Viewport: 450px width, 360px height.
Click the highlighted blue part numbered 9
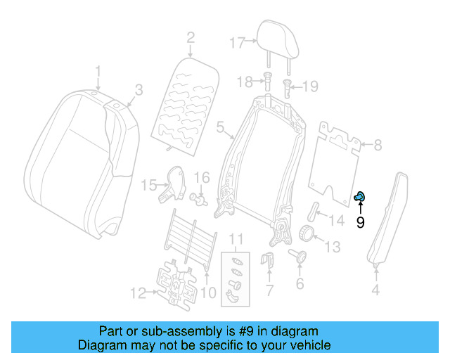tap(359, 198)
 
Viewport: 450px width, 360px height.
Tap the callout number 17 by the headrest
tap(236, 41)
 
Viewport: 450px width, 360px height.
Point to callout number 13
tap(331, 246)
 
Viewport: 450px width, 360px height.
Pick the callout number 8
tap(378, 146)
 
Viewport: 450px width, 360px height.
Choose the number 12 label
tap(138, 290)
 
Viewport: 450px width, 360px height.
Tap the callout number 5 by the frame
tap(220, 128)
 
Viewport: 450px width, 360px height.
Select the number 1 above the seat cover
tap(98, 71)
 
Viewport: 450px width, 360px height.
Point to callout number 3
tap(139, 89)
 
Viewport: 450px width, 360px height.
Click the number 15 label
tap(148, 186)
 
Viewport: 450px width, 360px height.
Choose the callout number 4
tap(375, 289)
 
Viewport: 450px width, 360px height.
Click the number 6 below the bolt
tap(300, 284)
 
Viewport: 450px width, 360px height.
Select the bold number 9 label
tap(360, 223)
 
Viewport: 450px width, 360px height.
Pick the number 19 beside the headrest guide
tap(310, 86)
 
